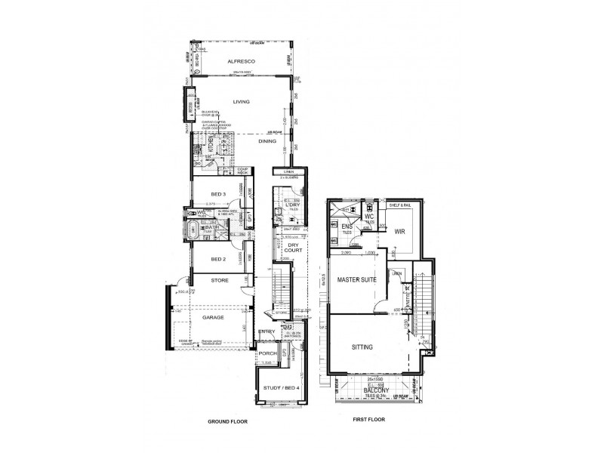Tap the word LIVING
click(x=241, y=101)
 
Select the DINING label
click(x=267, y=141)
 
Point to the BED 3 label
click(x=218, y=194)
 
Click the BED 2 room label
click(x=218, y=259)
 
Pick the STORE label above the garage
click(x=219, y=281)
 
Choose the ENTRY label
click(x=267, y=332)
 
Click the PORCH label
click(x=267, y=353)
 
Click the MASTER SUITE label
click(x=357, y=279)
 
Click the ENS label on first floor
click(x=347, y=226)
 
